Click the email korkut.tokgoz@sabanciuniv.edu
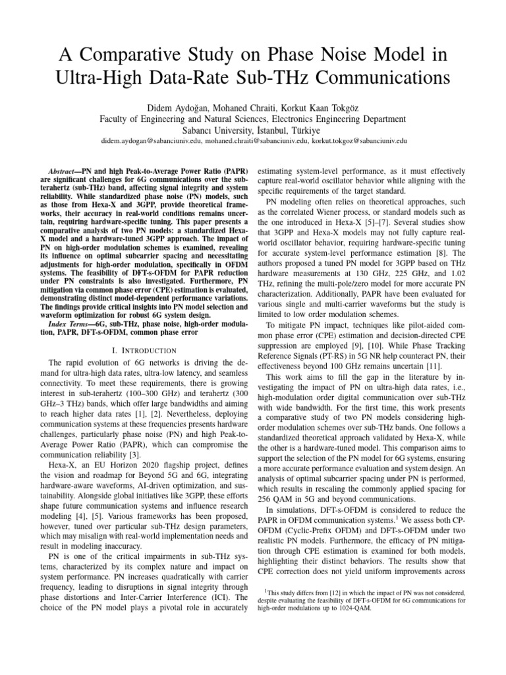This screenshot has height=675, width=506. (356, 141)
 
